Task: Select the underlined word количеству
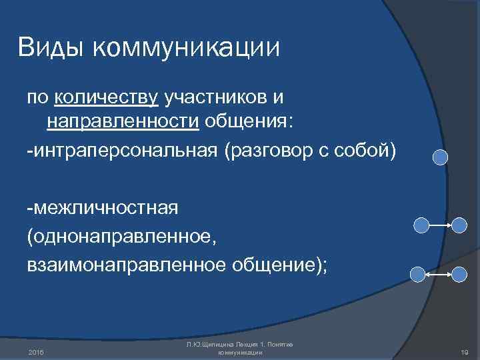coord(107,98)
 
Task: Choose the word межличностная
coord(103,207)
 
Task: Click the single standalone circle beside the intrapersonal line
coord(440,157)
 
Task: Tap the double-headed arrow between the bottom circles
coord(437,273)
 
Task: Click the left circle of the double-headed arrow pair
coord(417,273)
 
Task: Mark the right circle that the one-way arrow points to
coord(459,225)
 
